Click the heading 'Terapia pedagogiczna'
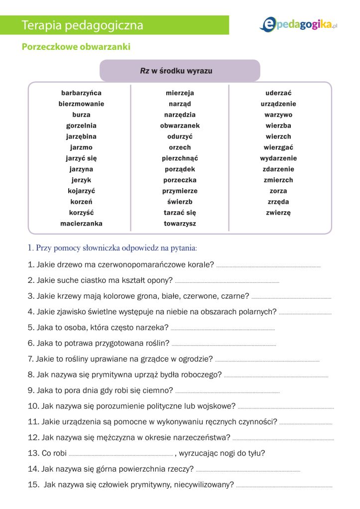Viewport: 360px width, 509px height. coord(83,25)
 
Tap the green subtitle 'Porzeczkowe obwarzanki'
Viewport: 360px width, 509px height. coord(76,47)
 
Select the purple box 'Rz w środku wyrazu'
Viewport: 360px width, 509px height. coord(180,71)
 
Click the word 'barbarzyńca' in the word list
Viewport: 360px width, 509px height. coord(81,93)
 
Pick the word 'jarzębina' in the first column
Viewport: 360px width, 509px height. coord(81,136)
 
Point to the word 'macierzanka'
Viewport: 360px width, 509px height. coord(81,224)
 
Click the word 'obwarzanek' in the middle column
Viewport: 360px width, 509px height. coord(180,126)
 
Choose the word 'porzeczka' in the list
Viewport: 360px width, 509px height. coord(180,180)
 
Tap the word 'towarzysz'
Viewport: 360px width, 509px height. coord(180,224)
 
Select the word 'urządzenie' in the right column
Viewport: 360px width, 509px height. coord(278,104)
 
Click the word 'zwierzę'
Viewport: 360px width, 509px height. coord(278,213)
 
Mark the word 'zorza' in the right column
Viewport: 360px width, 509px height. coord(278,191)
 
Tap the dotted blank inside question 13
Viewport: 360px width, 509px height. coord(120,455)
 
